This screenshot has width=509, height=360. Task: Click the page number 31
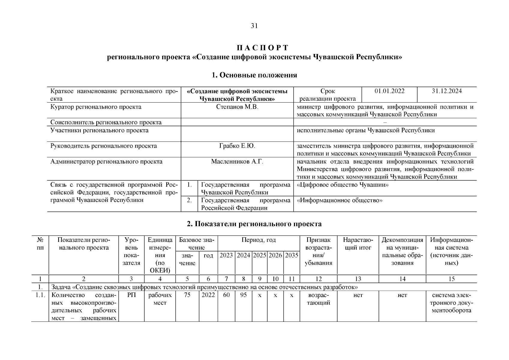click(254, 26)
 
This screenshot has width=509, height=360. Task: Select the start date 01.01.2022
click(389, 91)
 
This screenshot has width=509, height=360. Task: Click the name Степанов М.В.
click(237, 107)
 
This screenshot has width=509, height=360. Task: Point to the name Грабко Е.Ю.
click(237, 146)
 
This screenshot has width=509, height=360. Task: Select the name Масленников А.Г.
click(237, 162)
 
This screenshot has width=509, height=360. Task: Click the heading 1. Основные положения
click(254, 75)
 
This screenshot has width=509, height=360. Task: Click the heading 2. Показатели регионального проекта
click(254, 224)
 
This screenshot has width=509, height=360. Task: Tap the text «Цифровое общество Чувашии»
click(343, 185)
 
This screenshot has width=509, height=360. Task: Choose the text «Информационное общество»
click(340, 200)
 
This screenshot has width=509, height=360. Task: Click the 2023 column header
click(226, 255)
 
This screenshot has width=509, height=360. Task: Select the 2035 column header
click(292, 255)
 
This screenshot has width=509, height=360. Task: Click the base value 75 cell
click(187, 295)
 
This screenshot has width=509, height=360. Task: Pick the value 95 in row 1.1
click(243, 295)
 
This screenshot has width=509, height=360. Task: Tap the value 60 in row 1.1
click(226, 295)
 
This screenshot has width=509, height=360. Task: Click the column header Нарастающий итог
click(358, 244)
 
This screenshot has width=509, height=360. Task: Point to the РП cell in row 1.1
click(131, 295)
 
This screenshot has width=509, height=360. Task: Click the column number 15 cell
click(451, 279)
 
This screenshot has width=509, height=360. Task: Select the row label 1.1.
click(40, 295)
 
